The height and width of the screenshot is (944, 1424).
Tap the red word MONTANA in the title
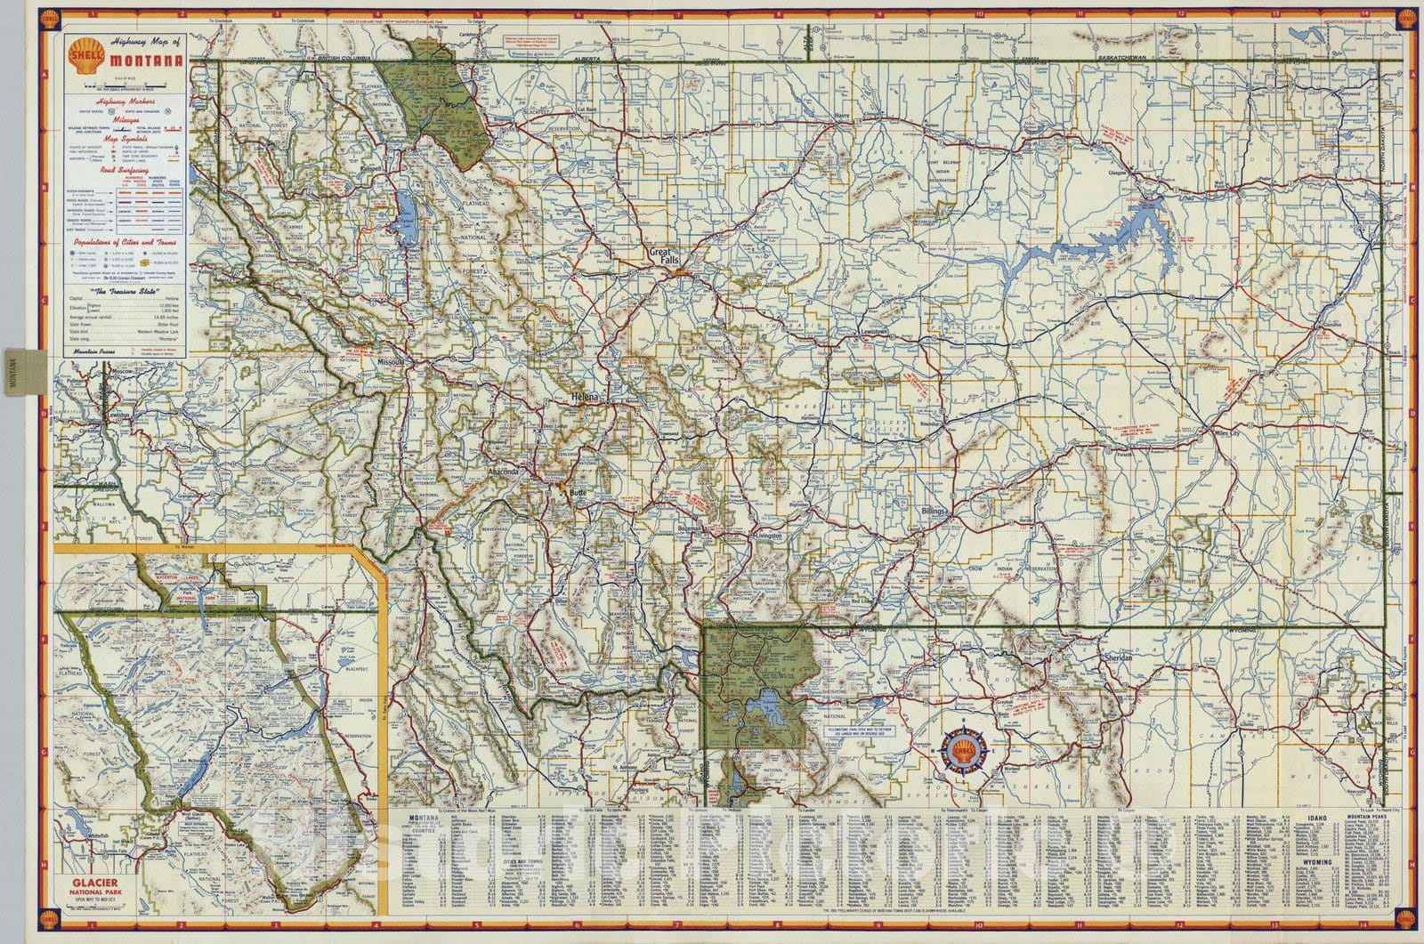pyautogui.click(x=148, y=61)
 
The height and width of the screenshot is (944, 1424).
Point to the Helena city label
pyautogui.click(x=587, y=394)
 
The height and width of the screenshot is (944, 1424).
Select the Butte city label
pyautogui.click(x=579, y=492)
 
